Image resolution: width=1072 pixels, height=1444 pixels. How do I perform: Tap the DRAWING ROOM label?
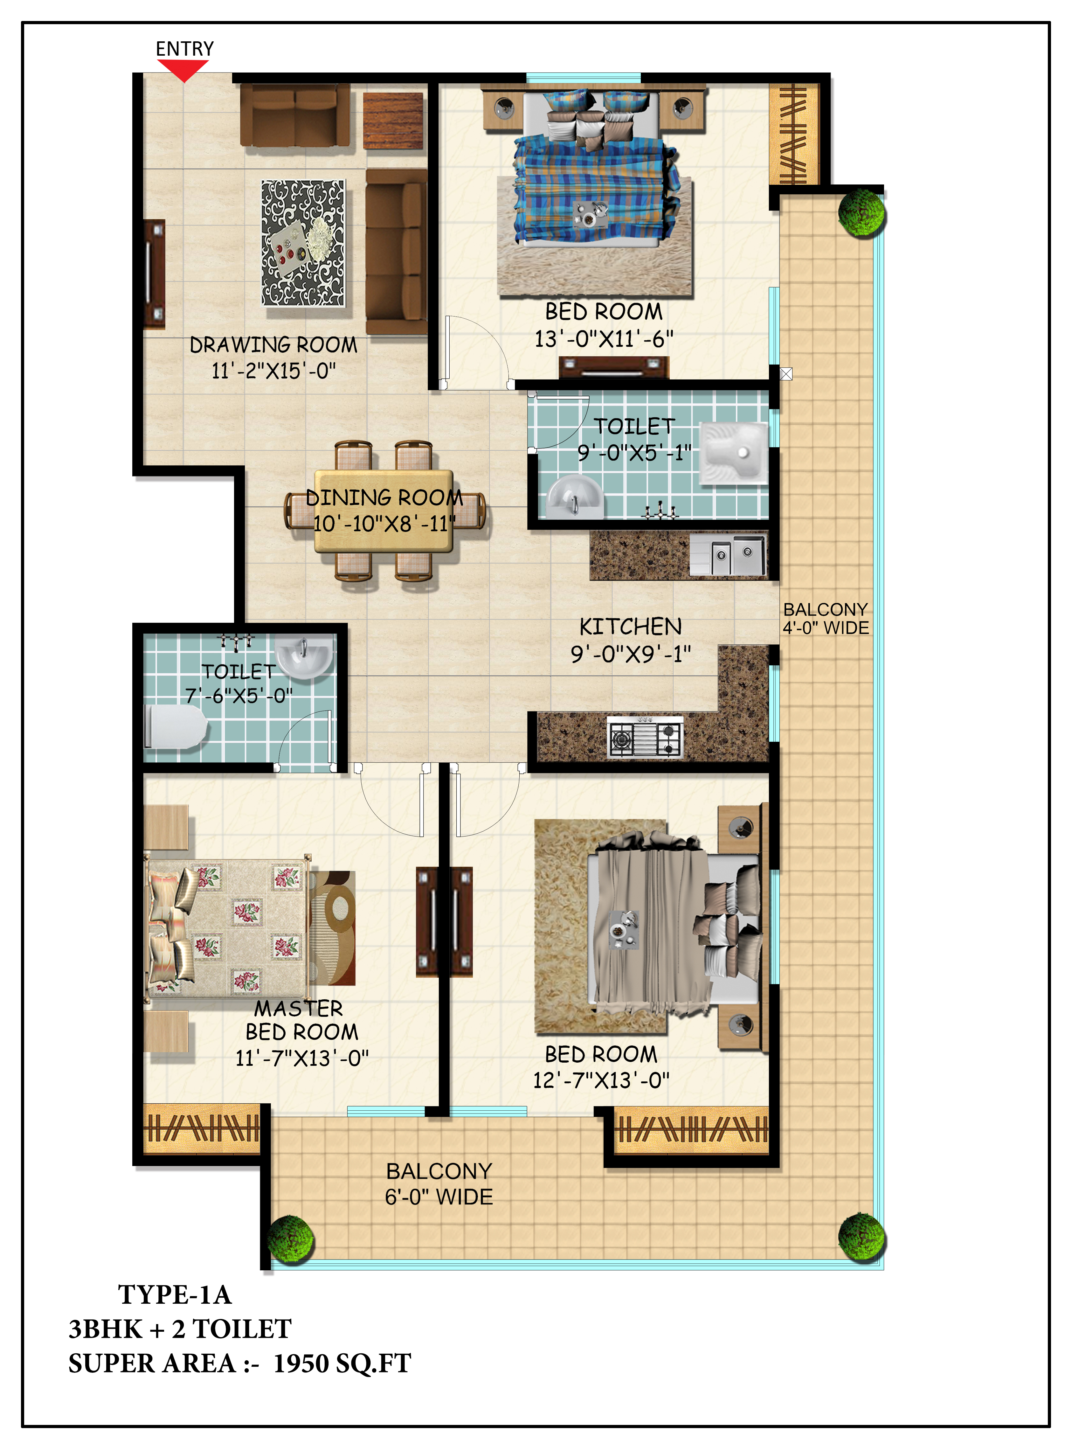(x=273, y=344)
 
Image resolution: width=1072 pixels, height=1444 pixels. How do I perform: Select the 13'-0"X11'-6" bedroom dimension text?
(x=604, y=339)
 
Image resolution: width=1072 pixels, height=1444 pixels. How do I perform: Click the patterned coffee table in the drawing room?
(x=303, y=243)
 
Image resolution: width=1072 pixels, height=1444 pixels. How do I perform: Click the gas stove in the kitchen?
(x=645, y=737)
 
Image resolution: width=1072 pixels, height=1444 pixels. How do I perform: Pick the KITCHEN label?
(x=630, y=626)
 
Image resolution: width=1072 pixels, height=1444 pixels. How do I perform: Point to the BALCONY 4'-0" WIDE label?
(x=826, y=619)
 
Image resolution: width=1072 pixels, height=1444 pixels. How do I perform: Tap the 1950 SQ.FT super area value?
(x=342, y=1364)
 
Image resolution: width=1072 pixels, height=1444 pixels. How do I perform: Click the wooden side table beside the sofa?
(x=393, y=121)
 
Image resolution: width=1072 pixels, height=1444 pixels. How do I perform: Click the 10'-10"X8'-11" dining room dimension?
(x=384, y=523)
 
